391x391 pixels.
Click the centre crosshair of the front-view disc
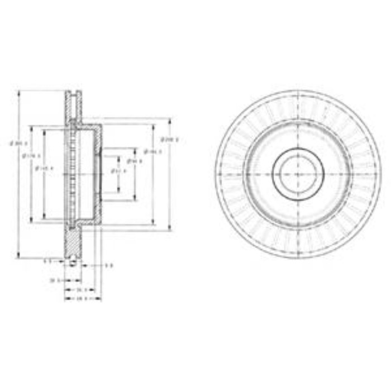tap(298, 174)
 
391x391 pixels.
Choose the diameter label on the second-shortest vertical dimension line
tap(133, 161)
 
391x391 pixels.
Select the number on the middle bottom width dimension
tap(80, 290)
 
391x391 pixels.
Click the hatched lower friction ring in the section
tap(74, 243)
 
